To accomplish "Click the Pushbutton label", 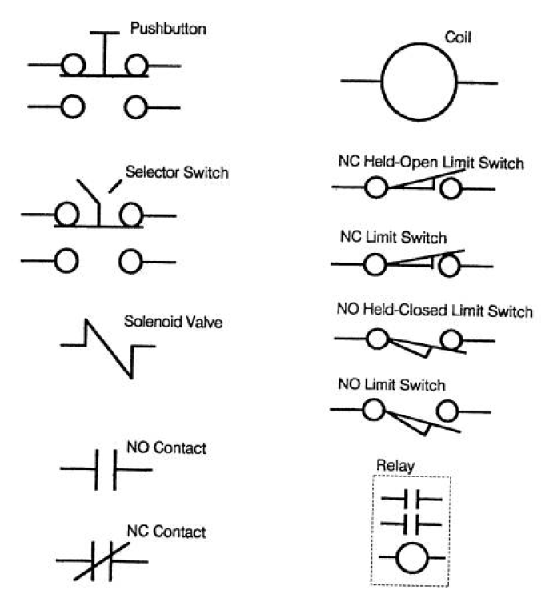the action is click(168, 29).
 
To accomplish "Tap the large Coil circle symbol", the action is click(419, 44).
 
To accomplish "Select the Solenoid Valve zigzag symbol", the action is click(108, 348).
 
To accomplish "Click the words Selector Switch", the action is click(177, 172).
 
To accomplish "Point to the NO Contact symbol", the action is click(106, 470).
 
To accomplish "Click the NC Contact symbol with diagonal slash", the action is click(102, 561).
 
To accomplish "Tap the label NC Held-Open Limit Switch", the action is click(431, 163).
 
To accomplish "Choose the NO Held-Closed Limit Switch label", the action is click(435, 311).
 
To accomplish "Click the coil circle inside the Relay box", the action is click(412, 543).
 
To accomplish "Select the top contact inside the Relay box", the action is click(411, 499).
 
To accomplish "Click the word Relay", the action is click(395, 466).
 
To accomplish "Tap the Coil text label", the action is click(458, 38).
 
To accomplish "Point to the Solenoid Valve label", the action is click(173, 322).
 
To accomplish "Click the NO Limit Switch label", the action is click(392, 385).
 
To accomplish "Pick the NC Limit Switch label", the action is click(394, 237).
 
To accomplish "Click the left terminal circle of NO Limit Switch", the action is click(373, 399).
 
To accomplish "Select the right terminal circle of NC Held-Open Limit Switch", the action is click(451, 178).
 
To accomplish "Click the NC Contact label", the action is click(166, 532).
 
